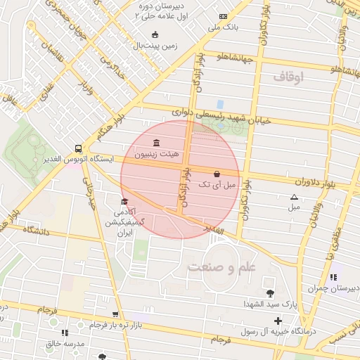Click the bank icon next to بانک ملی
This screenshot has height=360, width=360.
point(224,16)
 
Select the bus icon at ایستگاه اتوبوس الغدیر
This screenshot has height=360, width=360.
point(77,148)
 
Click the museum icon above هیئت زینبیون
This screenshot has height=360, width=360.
point(156,143)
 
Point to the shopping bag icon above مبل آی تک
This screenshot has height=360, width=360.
point(216,174)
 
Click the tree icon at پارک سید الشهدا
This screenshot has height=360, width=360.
point(270,292)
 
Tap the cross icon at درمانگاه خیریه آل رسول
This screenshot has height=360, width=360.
point(278,321)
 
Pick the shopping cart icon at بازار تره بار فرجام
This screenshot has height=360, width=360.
point(115,314)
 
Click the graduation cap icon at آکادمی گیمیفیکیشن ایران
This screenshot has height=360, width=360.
point(124,202)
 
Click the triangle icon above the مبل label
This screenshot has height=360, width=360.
point(294,197)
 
